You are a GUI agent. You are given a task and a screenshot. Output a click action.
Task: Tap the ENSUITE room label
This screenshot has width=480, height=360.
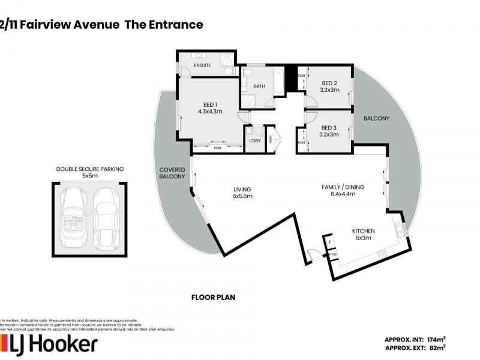click(x=202, y=65)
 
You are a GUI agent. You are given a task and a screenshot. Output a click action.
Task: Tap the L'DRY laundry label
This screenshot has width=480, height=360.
click(x=254, y=141)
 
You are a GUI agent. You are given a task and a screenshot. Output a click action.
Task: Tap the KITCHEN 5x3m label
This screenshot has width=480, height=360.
click(x=363, y=235)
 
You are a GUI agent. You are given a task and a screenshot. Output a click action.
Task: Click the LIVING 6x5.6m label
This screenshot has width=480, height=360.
click(x=242, y=193)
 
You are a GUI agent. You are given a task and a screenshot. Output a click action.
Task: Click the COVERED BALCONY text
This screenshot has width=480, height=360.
click(x=172, y=173)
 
